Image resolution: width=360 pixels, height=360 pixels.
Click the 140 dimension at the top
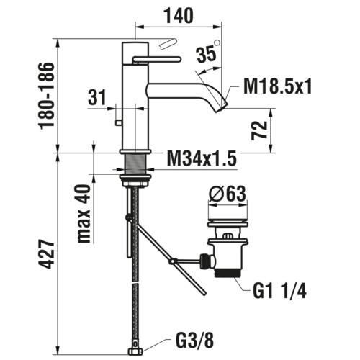[x=179, y=16]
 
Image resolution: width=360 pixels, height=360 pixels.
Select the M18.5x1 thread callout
[x=277, y=86]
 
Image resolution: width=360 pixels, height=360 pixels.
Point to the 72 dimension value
[x=259, y=130]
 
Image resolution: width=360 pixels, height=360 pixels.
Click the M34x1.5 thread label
[x=202, y=158]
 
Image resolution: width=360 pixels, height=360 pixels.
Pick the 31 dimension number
[x=97, y=97]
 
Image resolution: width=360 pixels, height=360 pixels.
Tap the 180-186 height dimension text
[x=47, y=96]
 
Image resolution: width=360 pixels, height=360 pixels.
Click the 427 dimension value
[x=47, y=253]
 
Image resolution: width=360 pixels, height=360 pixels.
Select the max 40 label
[x=84, y=214]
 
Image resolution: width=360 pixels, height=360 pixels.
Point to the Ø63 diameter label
[x=228, y=194]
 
